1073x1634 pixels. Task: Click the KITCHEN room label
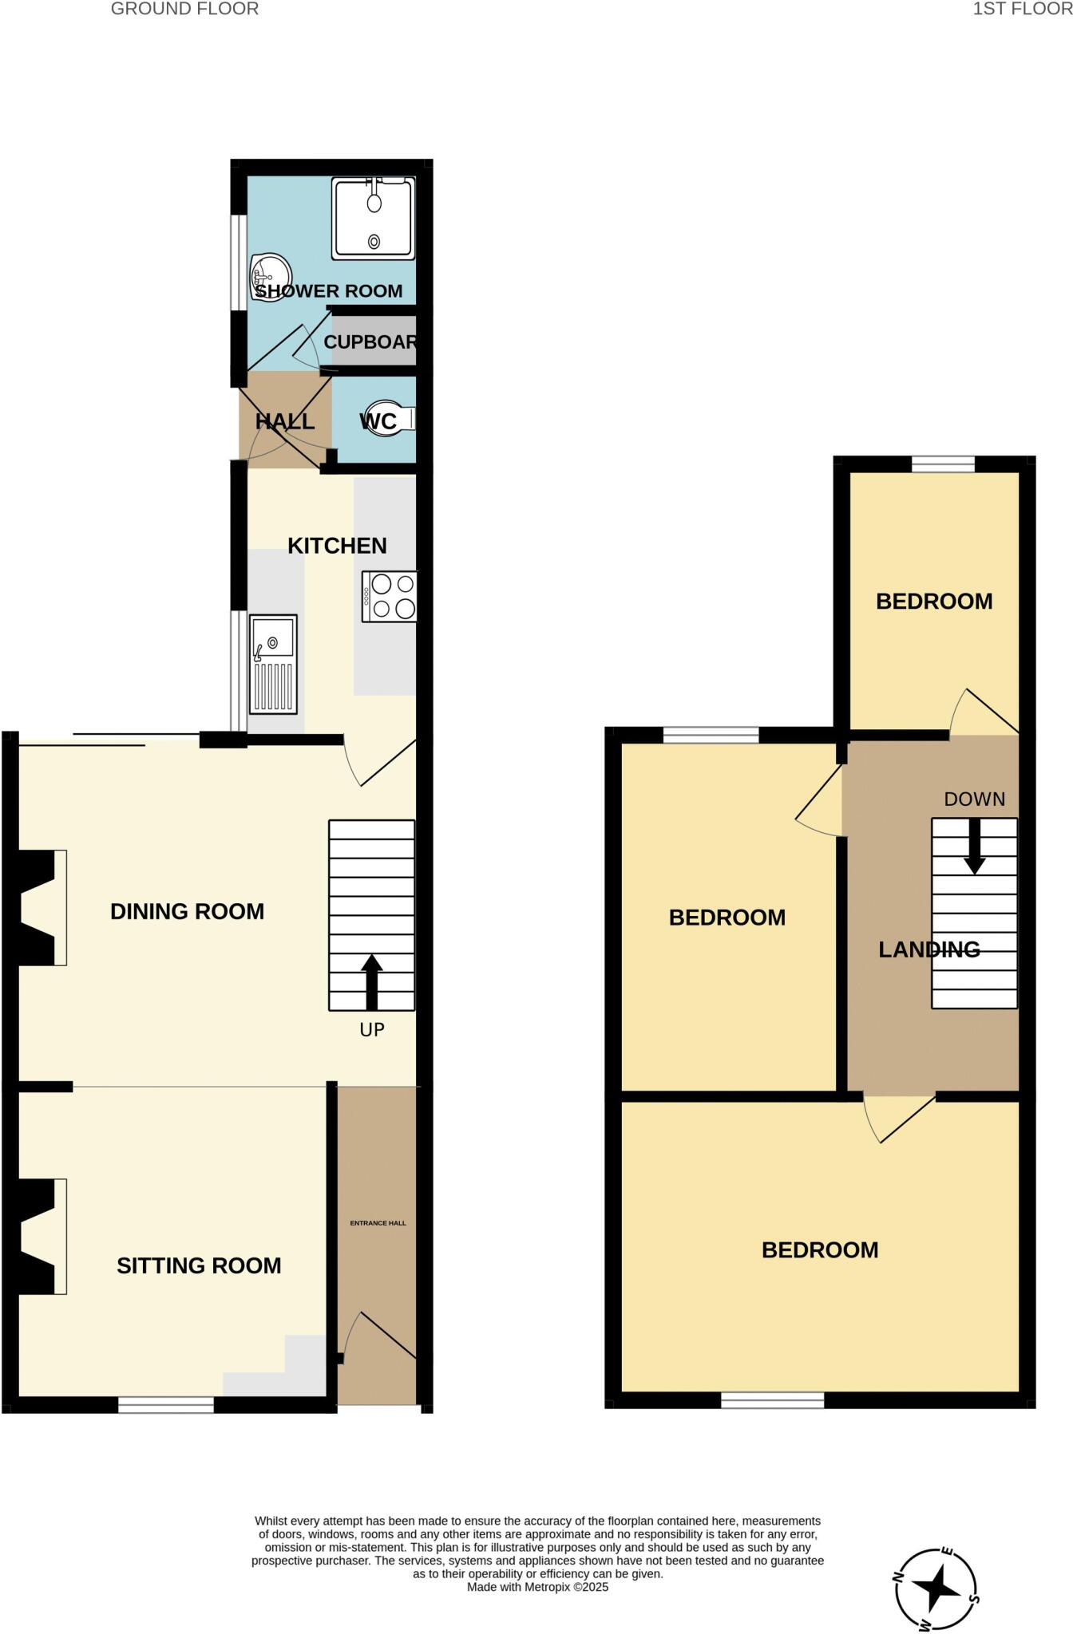click(x=337, y=546)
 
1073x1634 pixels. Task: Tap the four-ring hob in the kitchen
click(x=390, y=597)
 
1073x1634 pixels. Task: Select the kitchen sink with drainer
click(x=273, y=664)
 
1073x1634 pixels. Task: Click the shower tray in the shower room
click(x=374, y=218)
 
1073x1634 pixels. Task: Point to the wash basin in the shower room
click(x=269, y=275)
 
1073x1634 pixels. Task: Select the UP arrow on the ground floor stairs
click(x=372, y=981)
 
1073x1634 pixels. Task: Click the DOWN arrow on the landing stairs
click(x=974, y=847)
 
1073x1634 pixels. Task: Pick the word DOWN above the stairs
click(x=974, y=799)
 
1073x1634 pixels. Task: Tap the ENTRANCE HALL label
click(x=378, y=1223)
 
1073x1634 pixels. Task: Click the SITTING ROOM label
click(x=199, y=1266)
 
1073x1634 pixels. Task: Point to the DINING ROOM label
click(x=187, y=912)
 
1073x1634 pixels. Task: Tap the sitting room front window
click(x=166, y=1405)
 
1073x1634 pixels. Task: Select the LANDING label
click(x=929, y=949)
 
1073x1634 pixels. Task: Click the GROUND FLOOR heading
click(x=184, y=10)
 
